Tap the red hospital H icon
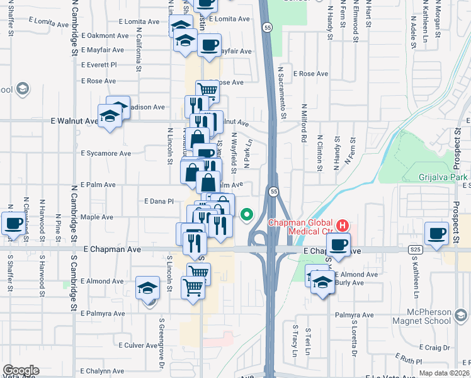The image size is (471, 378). (x=342, y=224)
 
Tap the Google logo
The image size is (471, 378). (x=21, y=370)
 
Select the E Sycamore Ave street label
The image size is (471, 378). (x=106, y=153)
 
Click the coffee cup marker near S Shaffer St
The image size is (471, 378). (x=13, y=223)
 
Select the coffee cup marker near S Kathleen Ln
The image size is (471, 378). (x=436, y=233)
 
